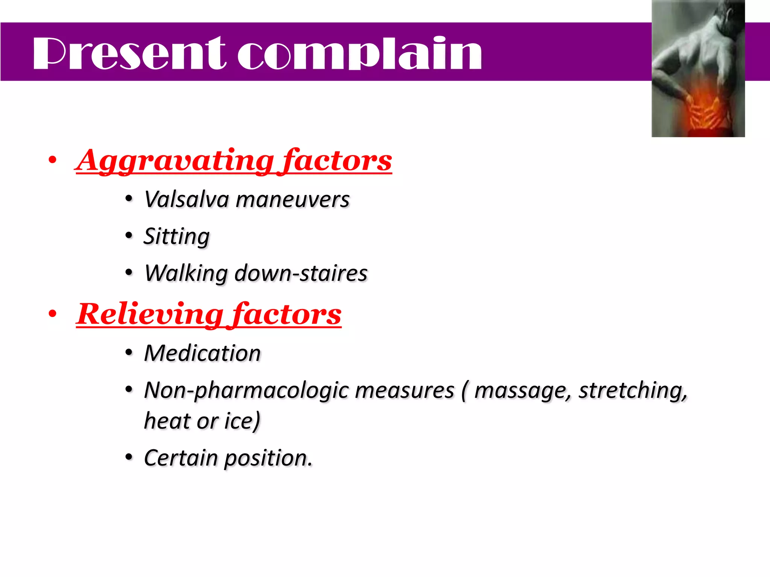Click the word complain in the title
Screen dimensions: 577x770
(359, 53)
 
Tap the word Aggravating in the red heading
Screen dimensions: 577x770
(175, 161)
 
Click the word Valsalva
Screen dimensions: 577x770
(187, 199)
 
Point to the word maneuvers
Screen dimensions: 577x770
(293, 199)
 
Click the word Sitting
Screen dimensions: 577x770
(177, 237)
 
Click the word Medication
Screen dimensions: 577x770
(202, 353)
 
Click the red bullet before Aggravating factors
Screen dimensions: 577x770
(52, 160)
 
